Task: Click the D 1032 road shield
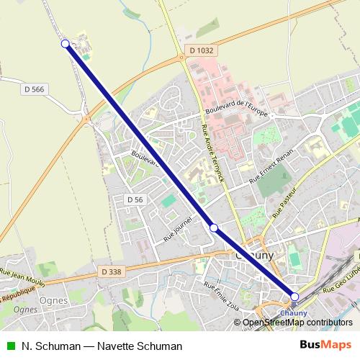(x=202, y=50)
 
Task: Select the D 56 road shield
(x=135, y=199)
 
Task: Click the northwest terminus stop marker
(x=66, y=44)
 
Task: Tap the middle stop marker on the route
(x=214, y=228)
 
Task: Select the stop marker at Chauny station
(x=294, y=297)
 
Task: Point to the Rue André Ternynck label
(x=214, y=151)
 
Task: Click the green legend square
(x=10, y=346)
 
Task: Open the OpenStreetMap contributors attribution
(x=297, y=323)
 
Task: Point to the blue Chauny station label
(x=294, y=312)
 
